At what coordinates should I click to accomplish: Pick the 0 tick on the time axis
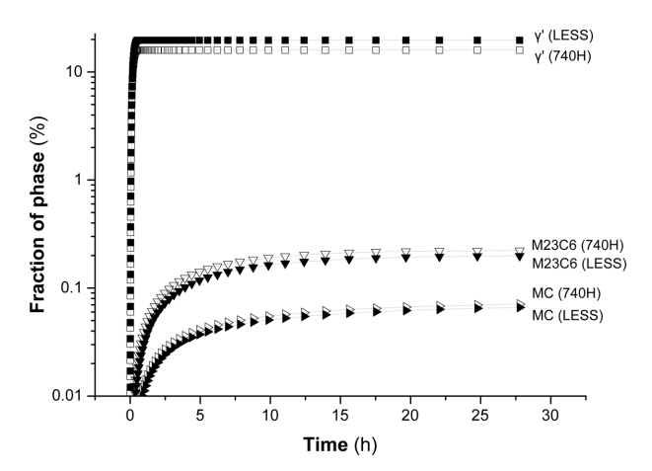point(130,413)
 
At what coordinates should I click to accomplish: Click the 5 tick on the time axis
point(200,413)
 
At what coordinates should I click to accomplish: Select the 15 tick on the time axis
point(340,413)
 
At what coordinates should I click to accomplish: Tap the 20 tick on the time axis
point(410,413)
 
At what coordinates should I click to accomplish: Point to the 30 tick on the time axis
point(550,413)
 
